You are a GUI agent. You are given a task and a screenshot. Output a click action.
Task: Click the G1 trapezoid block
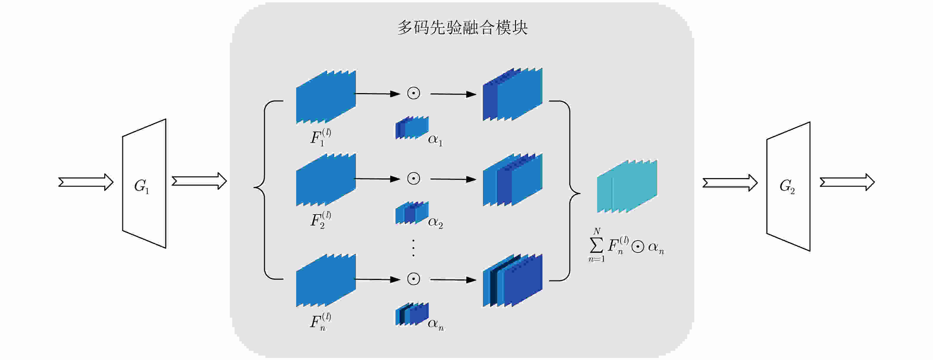[x=144, y=184]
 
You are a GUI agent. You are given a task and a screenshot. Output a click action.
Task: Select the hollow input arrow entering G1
[x=86, y=182]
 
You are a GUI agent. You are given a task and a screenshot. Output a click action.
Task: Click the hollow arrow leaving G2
[x=847, y=182]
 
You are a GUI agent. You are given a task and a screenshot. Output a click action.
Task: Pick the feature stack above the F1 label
[x=326, y=97]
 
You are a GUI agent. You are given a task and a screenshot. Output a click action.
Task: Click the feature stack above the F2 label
[x=326, y=180]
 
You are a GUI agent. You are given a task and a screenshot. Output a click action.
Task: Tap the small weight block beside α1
[x=412, y=127]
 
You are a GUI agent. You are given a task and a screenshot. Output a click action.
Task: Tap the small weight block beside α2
[x=412, y=213]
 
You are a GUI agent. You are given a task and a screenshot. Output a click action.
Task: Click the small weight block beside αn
[x=412, y=314]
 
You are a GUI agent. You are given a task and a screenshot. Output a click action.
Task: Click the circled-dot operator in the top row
[x=413, y=93]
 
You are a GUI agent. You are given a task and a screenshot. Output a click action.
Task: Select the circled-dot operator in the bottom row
[x=413, y=279]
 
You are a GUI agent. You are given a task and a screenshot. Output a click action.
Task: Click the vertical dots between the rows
[x=413, y=248]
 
